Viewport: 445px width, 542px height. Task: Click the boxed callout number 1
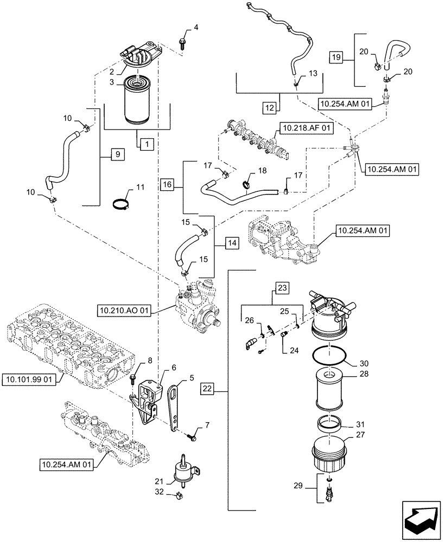click(x=145, y=144)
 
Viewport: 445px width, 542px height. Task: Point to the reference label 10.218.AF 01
click(x=307, y=128)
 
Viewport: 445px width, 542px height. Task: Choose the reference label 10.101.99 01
click(x=31, y=379)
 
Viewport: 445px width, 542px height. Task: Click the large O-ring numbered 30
click(x=331, y=355)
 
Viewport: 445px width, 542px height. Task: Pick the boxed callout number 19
click(x=336, y=56)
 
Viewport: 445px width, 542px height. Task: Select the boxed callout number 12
click(x=270, y=107)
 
